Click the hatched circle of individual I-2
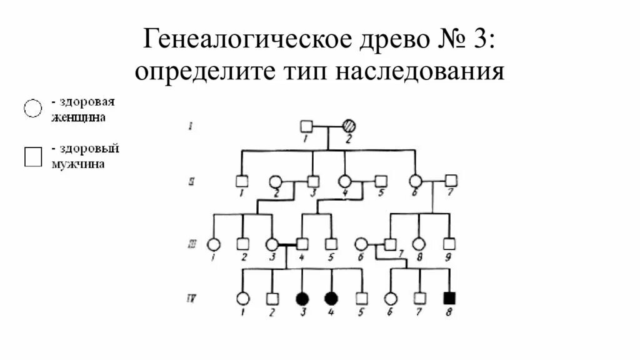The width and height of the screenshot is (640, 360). [x=349, y=126]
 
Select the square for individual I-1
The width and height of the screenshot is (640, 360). [x=306, y=126]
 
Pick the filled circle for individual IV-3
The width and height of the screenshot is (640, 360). [x=302, y=298]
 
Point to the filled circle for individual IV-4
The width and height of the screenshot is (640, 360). [x=331, y=298]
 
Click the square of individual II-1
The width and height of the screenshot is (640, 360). [x=242, y=181]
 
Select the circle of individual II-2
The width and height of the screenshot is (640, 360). [x=275, y=181]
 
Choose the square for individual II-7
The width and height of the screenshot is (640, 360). [x=451, y=181]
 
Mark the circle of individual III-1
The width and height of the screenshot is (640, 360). [x=214, y=244]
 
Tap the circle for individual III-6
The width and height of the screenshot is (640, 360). [x=361, y=244]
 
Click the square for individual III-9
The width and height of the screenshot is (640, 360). [x=449, y=244]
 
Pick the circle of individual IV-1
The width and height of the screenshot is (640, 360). [x=242, y=298]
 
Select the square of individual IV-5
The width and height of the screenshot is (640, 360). [x=361, y=298]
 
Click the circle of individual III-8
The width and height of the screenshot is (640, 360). [x=419, y=244]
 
